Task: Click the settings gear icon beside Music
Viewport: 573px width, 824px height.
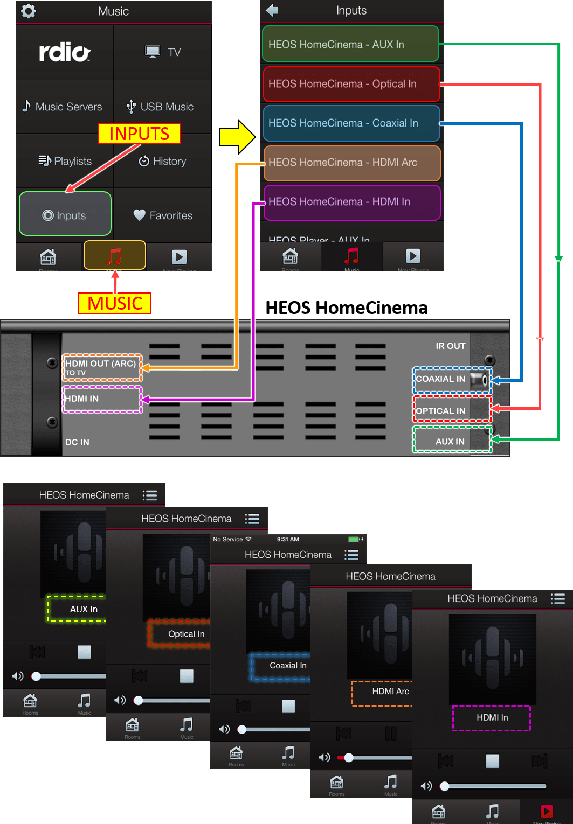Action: pos(29,11)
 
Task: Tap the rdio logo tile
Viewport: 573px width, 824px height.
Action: pos(65,52)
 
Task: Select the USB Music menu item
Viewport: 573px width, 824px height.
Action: pos(161,107)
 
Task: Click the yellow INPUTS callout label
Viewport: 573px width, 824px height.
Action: pos(139,134)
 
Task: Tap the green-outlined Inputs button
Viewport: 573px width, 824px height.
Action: pos(65,215)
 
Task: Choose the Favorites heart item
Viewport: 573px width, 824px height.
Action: pos(163,215)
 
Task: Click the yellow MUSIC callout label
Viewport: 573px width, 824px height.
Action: pos(115,303)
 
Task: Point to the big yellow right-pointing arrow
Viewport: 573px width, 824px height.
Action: pos(237,137)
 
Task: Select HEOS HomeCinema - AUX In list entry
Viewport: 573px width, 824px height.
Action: pos(350,44)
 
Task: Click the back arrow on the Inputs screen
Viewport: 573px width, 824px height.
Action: pos(272,10)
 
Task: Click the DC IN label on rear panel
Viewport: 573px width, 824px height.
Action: pos(77,442)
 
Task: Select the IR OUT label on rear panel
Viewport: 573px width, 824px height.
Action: pos(450,346)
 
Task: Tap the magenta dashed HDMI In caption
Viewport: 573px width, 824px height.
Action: pos(492,718)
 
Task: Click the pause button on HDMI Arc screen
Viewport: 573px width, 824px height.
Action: pos(390,733)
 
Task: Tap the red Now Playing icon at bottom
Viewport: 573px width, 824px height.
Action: pos(546,812)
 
